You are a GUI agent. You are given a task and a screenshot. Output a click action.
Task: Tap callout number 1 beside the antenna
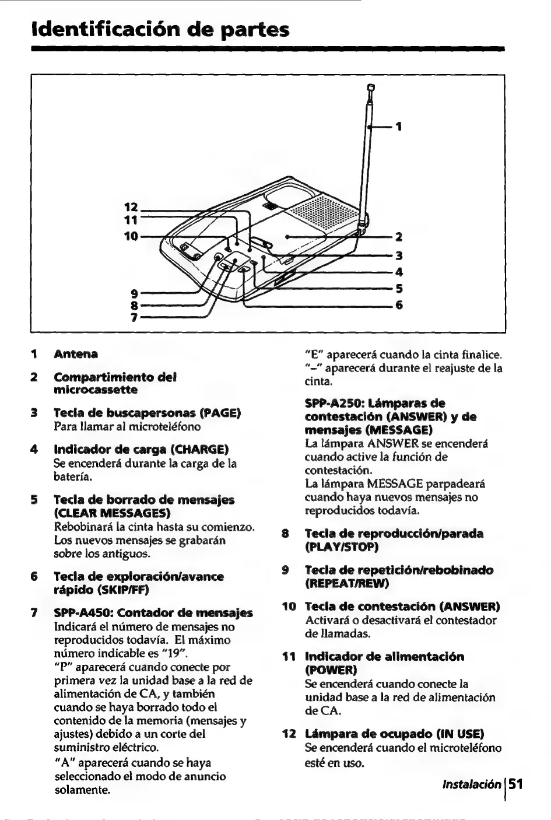[x=399, y=126]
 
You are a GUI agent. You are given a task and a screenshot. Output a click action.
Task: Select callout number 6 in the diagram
[x=399, y=305]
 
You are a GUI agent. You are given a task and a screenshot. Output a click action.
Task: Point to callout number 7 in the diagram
[x=134, y=318]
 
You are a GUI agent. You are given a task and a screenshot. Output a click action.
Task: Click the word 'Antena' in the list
[x=76, y=354]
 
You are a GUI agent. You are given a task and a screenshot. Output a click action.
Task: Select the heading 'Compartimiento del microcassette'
[x=114, y=383]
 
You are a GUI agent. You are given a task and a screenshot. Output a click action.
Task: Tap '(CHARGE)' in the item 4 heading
[x=198, y=450]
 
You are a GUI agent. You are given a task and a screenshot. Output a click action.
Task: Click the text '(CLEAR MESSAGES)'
[x=112, y=513]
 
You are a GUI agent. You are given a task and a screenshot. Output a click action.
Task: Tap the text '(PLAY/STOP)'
[x=342, y=547]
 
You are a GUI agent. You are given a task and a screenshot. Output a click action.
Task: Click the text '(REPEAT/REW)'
[x=347, y=583]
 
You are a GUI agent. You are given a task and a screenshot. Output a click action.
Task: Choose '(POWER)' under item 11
[x=329, y=670]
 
